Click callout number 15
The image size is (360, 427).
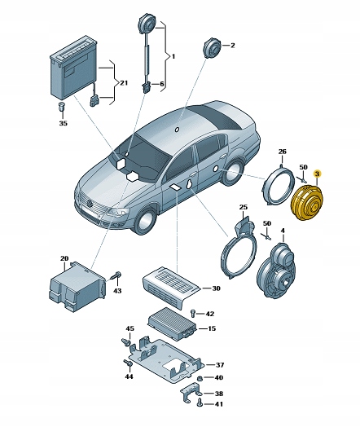(211, 328)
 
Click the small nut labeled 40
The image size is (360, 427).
(200, 379)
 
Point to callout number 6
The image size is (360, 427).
(161, 84)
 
